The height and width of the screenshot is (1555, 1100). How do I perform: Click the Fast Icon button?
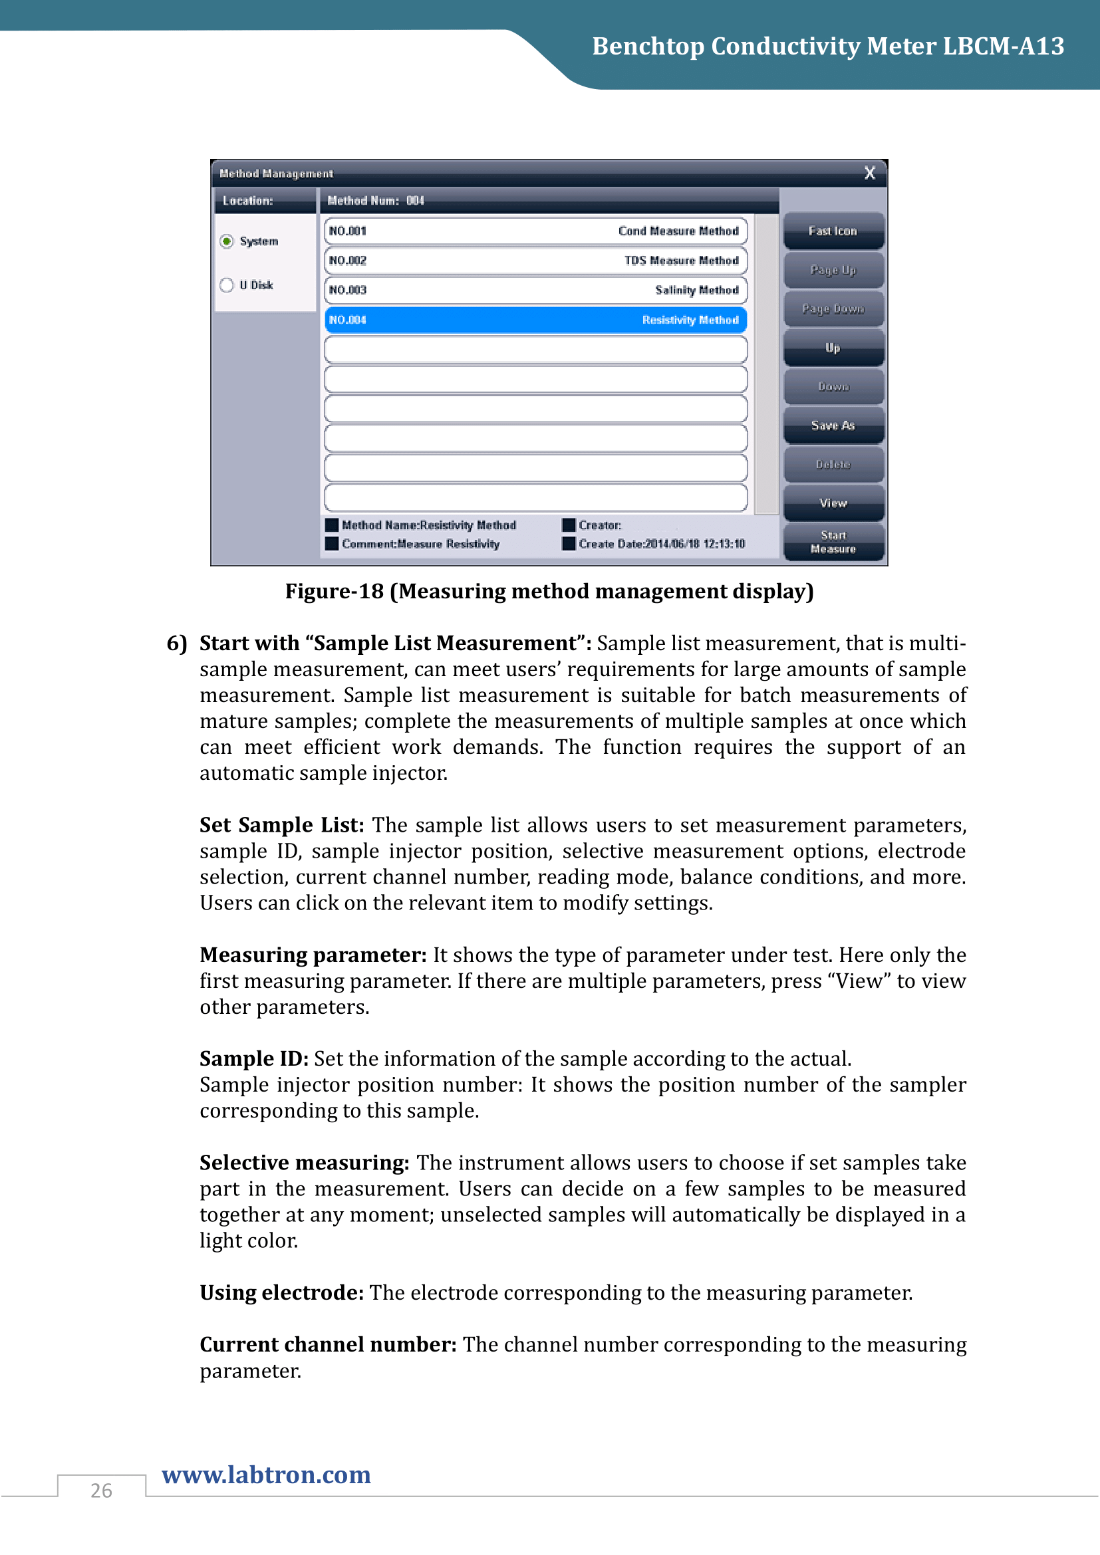(833, 231)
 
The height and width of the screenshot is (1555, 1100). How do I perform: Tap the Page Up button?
(833, 270)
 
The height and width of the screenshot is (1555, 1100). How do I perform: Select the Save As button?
(833, 425)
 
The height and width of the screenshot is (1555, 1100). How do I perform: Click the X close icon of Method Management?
(870, 174)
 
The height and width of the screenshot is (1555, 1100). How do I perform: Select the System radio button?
(227, 241)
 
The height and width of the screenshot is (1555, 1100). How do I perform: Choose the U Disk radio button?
(227, 285)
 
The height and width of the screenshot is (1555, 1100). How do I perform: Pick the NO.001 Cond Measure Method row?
(535, 231)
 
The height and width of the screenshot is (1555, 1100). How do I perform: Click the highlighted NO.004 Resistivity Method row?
(535, 320)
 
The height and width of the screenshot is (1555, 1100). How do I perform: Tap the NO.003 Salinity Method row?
(535, 290)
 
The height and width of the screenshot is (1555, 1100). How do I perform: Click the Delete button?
(833, 465)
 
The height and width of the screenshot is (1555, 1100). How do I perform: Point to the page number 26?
(102, 1491)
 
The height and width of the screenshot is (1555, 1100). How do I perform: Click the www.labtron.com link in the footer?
(266, 1475)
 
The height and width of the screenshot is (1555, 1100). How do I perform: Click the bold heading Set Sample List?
(282, 825)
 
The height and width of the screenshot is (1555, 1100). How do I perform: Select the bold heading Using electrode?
(282, 1293)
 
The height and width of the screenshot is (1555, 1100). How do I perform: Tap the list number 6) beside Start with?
(177, 644)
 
